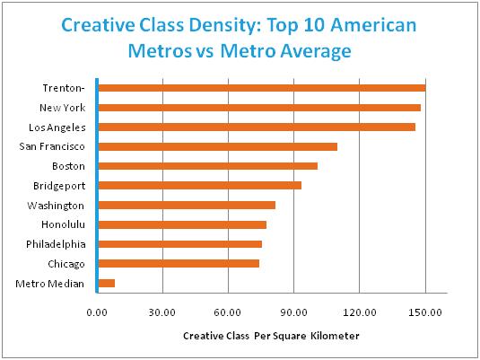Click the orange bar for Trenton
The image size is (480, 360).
click(x=260, y=88)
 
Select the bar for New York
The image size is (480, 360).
click(x=258, y=108)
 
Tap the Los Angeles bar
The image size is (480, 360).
click(x=256, y=127)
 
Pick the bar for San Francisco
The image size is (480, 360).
click(x=216, y=146)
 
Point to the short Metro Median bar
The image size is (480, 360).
click(x=106, y=284)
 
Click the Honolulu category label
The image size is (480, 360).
click(x=62, y=224)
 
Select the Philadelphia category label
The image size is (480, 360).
click(x=56, y=244)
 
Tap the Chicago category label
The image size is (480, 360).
click(x=65, y=264)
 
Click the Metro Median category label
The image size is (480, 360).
click(x=51, y=284)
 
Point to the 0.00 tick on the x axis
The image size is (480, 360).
click(x=96, y=312)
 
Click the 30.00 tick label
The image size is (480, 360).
click(x=161, y=312)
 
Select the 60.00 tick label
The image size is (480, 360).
click(x=228, y=312)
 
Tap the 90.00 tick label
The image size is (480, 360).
click(x=293, y=312)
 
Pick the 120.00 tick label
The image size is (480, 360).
click(x=359, y=312)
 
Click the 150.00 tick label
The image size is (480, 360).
click(x=424, y=312)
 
